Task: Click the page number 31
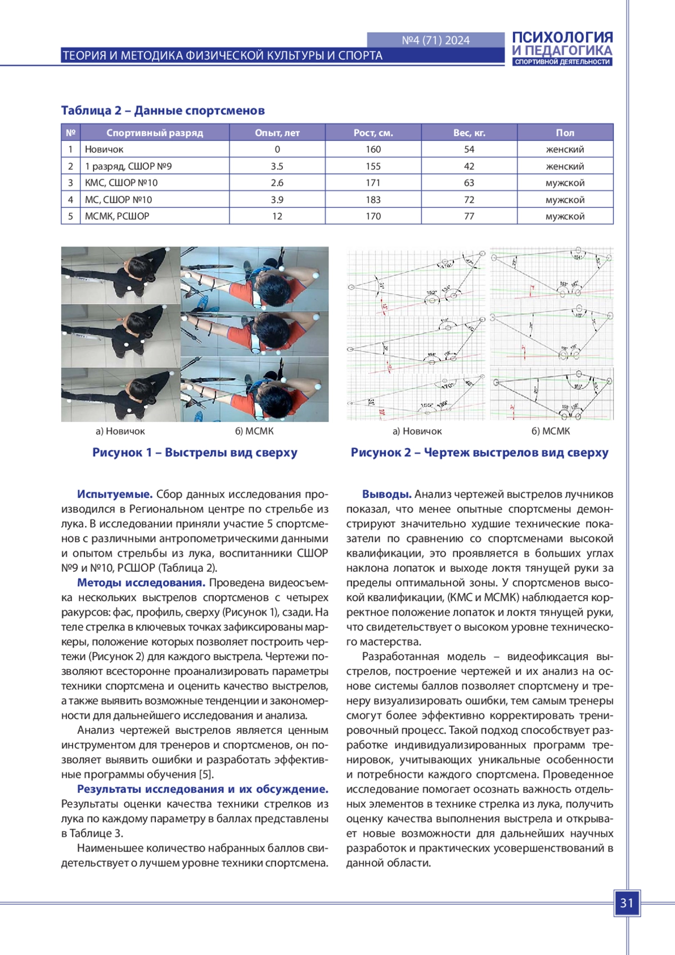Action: click(627, 903)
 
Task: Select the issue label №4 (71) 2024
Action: click(435, 40)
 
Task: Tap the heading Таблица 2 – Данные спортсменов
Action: click(163, 110)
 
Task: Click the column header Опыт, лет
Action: click(277, 133)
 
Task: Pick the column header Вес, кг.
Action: click(469, 133)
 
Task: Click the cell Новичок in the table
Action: click(104, 149)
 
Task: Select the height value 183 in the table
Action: click(373, 200)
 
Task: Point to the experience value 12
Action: click(277, 216)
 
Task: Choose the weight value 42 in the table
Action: click(469, 167)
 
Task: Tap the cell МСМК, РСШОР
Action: click(117, 216)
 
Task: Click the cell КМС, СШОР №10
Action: click(121, 183)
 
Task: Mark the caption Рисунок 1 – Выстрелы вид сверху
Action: click(195, 452)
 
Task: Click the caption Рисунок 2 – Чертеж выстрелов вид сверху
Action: click(479, 452)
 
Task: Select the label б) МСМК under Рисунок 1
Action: click(254, 431)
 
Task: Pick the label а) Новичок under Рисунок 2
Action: click(417, 431)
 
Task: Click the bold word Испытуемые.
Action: click(115, 494)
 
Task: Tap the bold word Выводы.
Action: click(386, 494)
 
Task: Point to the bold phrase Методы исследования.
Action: click(141, 582)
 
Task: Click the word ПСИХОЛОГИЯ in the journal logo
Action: click(562, 38)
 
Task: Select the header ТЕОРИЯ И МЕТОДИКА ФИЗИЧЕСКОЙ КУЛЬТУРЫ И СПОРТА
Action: click(222, 56)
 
